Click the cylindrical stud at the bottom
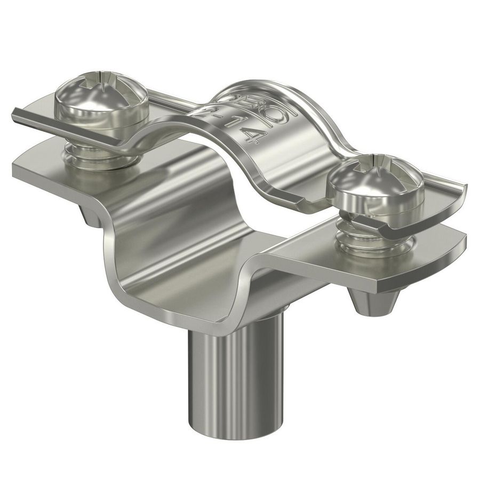(232, 373)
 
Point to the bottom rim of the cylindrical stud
(232, 435)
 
